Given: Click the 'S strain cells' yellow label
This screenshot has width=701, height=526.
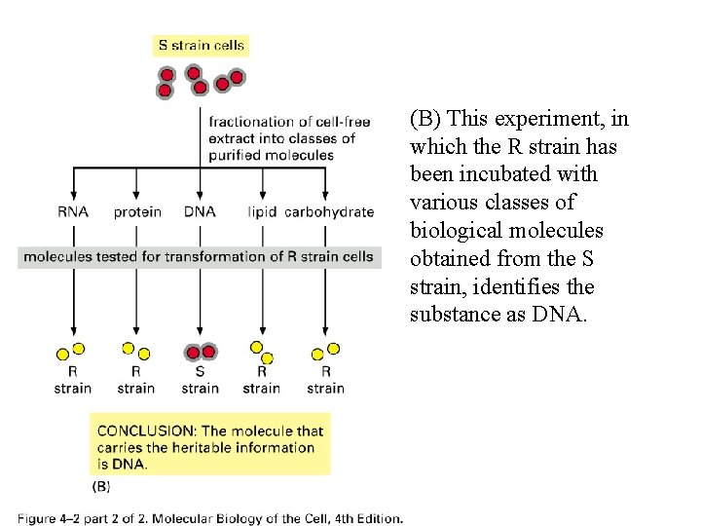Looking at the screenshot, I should point(202,45).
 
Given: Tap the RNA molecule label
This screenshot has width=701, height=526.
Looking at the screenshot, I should point(73,211).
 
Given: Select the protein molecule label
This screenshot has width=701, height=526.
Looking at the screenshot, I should point(136,211).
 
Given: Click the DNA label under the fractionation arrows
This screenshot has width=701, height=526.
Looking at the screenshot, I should point(200,211).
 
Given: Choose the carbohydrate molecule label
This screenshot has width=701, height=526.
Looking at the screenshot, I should point(329,211).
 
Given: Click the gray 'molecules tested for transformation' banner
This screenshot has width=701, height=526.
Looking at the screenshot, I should point(199,257).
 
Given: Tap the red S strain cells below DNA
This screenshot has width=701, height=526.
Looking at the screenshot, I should point(201,352).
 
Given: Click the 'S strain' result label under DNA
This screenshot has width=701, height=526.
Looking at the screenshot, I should point(200,380).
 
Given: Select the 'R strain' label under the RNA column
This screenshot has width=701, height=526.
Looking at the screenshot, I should point(73,380).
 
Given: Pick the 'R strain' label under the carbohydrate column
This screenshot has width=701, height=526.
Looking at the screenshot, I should point(325,380).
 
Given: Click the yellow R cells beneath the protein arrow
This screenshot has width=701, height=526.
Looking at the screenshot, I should point(135,351).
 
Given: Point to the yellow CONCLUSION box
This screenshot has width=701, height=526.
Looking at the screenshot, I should point(209,447).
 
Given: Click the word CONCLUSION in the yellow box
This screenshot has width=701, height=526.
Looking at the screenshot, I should point(142,431).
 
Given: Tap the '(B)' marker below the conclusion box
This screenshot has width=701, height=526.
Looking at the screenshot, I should point(101,485).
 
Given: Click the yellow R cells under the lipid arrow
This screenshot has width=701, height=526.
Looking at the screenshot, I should point(262,352).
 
